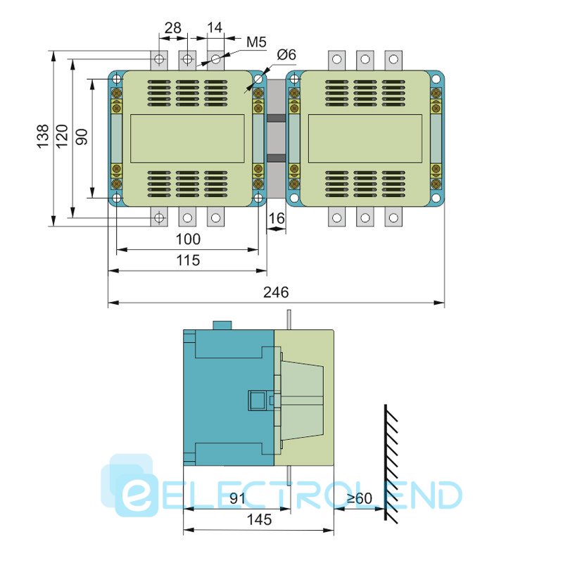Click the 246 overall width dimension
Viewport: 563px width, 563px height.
pyautogui.click(x=276, y=292)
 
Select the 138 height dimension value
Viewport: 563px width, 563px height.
pyautogui.click(x=43, y=137)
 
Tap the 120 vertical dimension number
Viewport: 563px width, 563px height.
pyautogui.click(x=62, y=136)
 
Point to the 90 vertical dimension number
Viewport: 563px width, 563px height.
pyautogui.click(x=82, y=137)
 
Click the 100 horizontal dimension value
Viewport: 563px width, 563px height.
pyautogui.click(x=188, y=239)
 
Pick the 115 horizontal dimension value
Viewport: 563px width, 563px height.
pyautogui.click(x=188, y=260)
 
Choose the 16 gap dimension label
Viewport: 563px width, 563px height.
pyautogui.click(x=277, y=218)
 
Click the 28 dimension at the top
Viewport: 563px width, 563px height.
pyautogui.click(x=173, y=27)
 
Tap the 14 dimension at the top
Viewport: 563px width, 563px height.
pyautogui.click(x=215, y=27)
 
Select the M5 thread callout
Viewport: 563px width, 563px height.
pyautogui.click(x=256, y=42)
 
